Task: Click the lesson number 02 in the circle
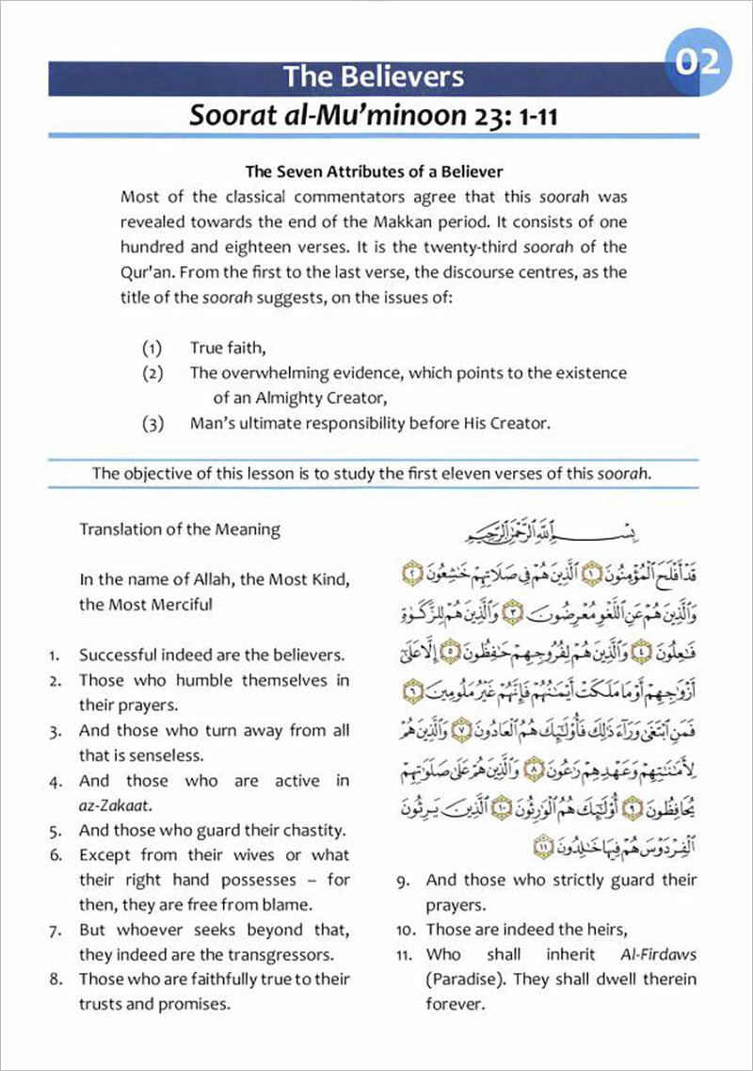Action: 697,62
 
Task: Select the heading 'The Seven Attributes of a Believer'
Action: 374,172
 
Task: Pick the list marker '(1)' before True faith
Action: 153,348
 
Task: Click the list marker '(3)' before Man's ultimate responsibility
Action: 153,423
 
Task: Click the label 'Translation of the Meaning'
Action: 179,529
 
